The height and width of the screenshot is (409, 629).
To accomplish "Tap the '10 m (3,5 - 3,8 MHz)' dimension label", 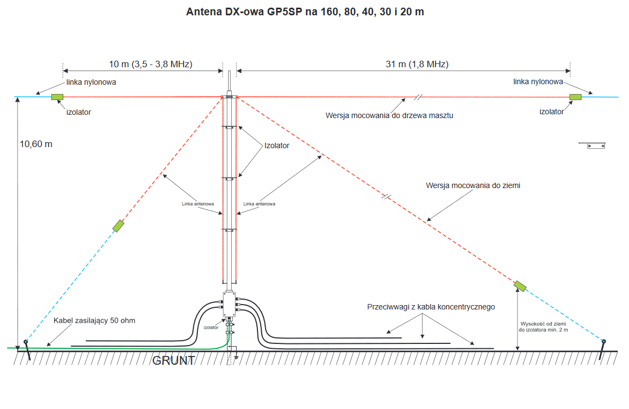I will click(150, 65).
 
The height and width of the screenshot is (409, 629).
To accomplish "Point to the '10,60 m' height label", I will click(36, 144).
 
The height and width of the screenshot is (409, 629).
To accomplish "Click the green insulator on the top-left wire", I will click(57, 97).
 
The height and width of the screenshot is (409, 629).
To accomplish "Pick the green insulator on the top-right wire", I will click(575, 97).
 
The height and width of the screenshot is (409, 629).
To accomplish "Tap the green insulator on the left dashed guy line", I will click(118, 225).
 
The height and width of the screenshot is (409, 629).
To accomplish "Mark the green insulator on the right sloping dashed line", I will click(520, 285).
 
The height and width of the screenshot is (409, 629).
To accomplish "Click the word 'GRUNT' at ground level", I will click(174, 361).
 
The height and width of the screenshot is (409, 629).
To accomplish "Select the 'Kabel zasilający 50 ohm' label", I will click(94, 320).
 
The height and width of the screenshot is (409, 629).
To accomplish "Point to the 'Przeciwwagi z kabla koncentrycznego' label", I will click(431, 307).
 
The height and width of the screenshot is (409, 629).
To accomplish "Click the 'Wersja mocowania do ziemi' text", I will click(473, 185).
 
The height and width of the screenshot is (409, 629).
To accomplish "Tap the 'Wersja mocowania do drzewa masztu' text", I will click(389, 115).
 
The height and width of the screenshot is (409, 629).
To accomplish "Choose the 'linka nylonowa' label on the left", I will click(91, 83).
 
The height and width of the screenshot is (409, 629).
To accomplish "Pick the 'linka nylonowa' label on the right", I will click(538, 81).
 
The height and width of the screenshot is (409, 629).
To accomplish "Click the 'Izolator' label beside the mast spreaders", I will click(277, 146).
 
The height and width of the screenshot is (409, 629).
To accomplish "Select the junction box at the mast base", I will click(228, 305).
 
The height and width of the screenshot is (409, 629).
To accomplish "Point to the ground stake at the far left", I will click(26, 350).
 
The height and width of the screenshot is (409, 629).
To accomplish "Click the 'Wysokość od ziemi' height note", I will click(543, 324).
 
